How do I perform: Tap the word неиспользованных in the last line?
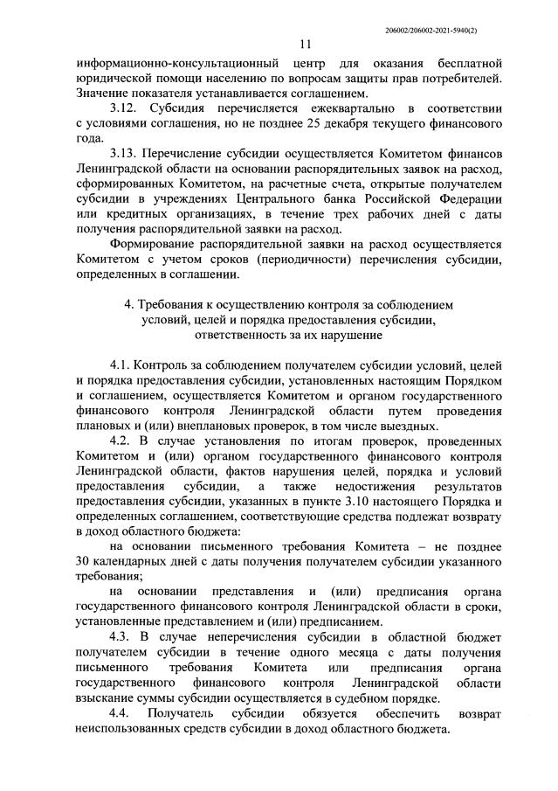point(134,729)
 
